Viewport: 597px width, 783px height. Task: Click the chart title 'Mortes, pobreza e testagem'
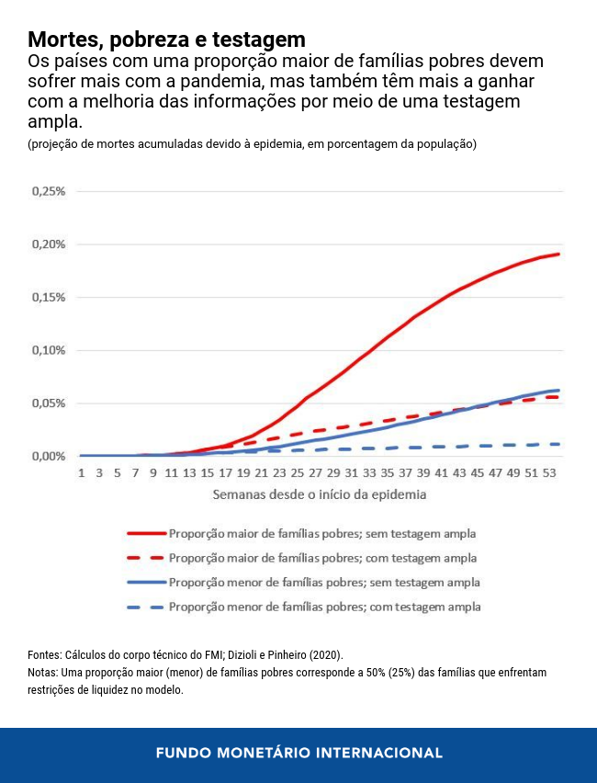166,40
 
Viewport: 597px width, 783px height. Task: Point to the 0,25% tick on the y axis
49,191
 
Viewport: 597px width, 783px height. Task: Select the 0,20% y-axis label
49,244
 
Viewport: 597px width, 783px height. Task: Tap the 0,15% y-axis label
49,298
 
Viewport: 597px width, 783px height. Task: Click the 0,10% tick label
49,350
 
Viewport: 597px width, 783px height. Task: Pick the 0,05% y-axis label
49,403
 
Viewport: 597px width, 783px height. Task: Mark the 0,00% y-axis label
49,457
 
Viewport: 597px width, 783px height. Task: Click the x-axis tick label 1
82,472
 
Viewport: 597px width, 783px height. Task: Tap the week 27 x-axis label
315,472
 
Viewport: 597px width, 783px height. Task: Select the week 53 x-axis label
549,472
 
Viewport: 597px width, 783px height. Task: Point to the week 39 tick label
423,472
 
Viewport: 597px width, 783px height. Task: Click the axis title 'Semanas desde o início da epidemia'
320,494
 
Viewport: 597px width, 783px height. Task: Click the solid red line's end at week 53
558,254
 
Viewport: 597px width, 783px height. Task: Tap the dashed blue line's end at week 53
558,444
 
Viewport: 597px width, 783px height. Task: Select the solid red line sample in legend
145,533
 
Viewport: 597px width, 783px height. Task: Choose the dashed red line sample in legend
145,558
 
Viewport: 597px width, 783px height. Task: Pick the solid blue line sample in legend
145,583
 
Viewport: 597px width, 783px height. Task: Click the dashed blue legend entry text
324,607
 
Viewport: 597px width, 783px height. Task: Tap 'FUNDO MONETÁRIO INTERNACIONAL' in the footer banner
298,753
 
